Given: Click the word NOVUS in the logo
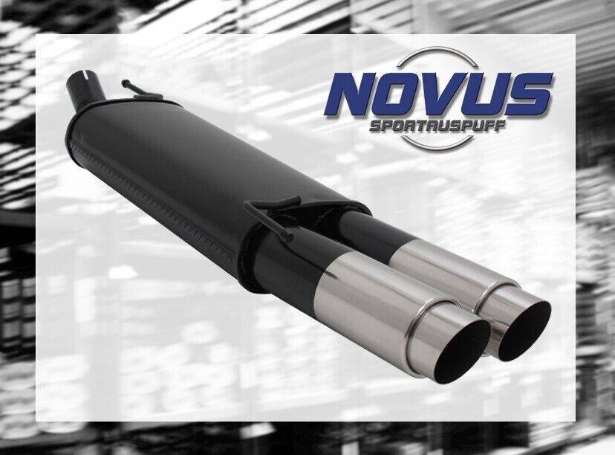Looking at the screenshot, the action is click(438, 94).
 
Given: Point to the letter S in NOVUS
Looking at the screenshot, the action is click(530, 94).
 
